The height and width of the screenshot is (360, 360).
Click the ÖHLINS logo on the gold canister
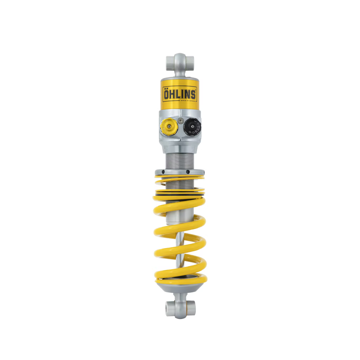tap(179, 95)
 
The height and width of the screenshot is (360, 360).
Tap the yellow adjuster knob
tap(169, 128)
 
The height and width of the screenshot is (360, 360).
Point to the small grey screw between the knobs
tap(180, 121)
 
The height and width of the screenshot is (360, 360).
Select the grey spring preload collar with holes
tap(180, 171)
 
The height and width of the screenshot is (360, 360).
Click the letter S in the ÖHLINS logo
tap(193, 95)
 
